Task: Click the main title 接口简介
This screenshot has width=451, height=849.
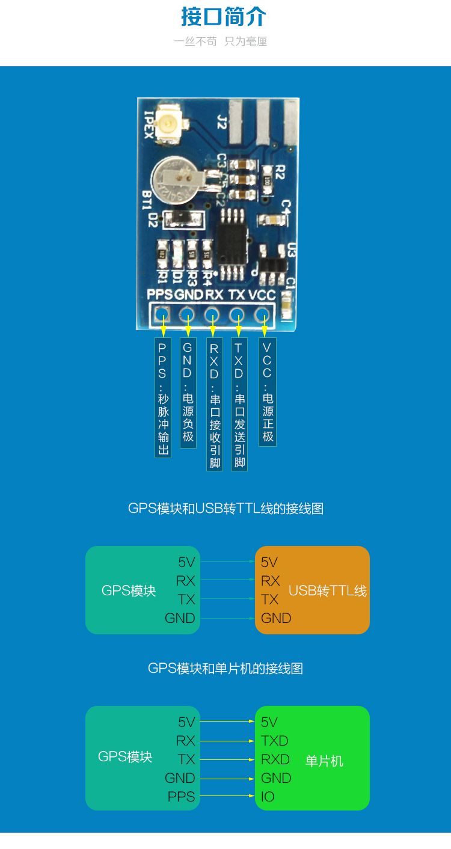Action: (x=224, y=17)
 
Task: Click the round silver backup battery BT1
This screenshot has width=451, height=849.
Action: (x=174, y=179)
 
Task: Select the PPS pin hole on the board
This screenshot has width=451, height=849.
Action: (x=161, y=314)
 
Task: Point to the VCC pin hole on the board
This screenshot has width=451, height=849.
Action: (x=262, y=314)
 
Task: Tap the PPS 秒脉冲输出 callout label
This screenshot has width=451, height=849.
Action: (x=163, y=397)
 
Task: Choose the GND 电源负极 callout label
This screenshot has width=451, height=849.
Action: (x=188, y=393)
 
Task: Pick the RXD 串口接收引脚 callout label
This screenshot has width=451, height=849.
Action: (x=215, y=404)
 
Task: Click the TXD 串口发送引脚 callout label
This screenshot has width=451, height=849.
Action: (x=239, y=404)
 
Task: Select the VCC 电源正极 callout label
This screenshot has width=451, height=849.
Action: (x=268, y=392)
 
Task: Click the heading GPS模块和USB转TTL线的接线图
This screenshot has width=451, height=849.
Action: (x=226, y=509)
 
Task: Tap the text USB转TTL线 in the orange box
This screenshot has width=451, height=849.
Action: (x=327, y=590)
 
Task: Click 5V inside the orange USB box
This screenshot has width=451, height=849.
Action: (x=269, y=562)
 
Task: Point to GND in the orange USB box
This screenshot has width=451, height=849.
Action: (x=276, y=618)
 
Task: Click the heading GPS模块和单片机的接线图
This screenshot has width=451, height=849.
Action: (x=226, y=669)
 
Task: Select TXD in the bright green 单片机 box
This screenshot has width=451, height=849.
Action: (x=275, y=741)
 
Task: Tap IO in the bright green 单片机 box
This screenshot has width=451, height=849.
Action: (x=268, y=797)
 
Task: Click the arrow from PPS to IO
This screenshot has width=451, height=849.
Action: (x=227, y=797)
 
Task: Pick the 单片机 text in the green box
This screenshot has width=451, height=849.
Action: (x=324, y=761)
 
